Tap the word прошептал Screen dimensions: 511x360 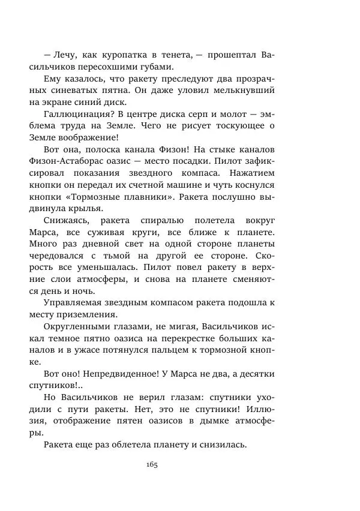click(x=234, y=55)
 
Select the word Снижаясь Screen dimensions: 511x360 click(x=65, y=220)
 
